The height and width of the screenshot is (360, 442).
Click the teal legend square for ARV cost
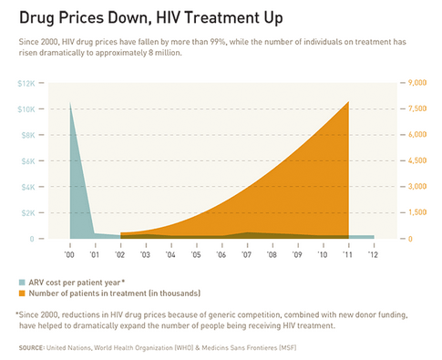tap(21, 282)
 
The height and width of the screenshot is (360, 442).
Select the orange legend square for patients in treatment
tap(21, 293)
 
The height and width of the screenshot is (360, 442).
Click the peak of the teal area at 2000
tap(71, 102)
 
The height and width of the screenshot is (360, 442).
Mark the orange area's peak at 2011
tap(348, 101)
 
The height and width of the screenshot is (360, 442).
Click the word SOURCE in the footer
tap(30, 348)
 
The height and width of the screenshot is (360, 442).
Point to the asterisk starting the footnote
tap(18, 314)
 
